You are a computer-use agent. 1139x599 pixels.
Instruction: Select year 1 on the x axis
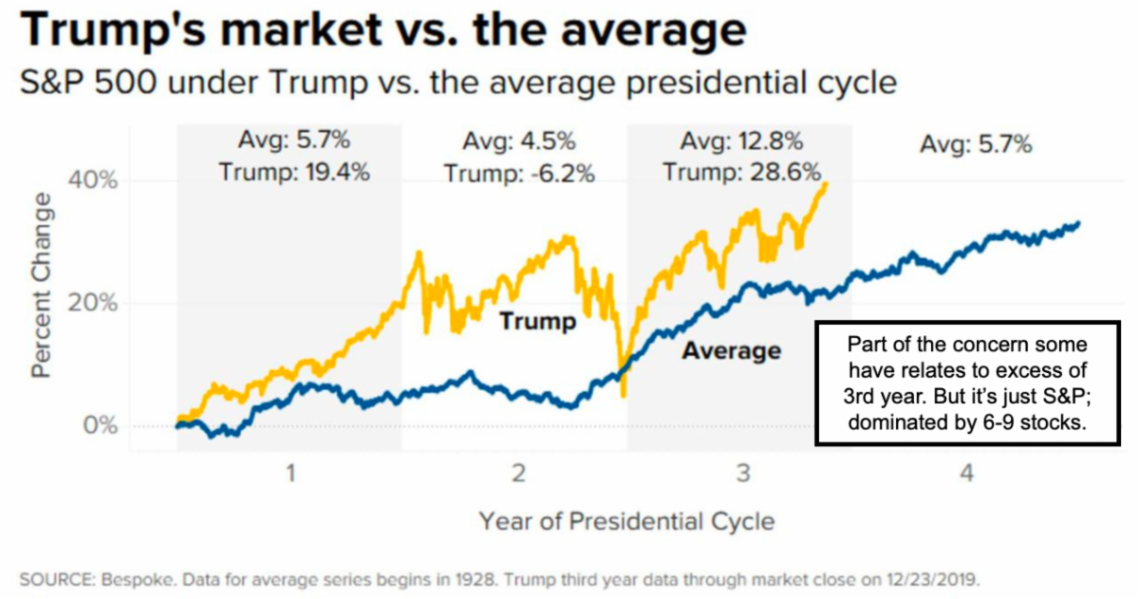coord(290,472)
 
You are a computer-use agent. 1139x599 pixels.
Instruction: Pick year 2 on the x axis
coord(518,472)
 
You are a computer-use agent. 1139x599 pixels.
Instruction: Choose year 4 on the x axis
coord(966,472)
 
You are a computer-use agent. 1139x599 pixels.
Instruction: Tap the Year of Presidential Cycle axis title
coord(626,521)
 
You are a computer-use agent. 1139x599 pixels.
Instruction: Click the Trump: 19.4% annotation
coord(293,173)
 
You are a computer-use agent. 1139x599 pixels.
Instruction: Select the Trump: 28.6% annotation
coord(742,173)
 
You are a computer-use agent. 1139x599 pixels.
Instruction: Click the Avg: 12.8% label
coord(742,143)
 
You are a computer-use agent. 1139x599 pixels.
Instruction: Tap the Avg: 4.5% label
coord(519,143)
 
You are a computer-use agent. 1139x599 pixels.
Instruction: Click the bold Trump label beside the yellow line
coord(537,321)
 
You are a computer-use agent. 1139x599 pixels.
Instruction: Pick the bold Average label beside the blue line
coord(731,351)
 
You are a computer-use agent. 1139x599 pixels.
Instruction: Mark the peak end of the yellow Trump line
coord(826,183)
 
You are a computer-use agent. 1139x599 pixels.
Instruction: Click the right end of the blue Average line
coord(1078,224)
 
